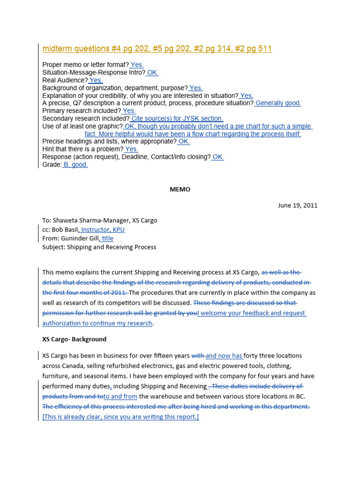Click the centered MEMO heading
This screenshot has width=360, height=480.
[x=180, y=189]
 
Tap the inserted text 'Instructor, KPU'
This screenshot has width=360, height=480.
[x=103, y=230]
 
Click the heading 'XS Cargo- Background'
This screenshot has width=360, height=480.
[x=74, y=339]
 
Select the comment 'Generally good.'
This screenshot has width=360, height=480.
[x=278, y=103]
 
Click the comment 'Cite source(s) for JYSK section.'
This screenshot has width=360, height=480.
[x=177, y=119]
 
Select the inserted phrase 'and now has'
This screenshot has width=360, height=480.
[x=224, y=356]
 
